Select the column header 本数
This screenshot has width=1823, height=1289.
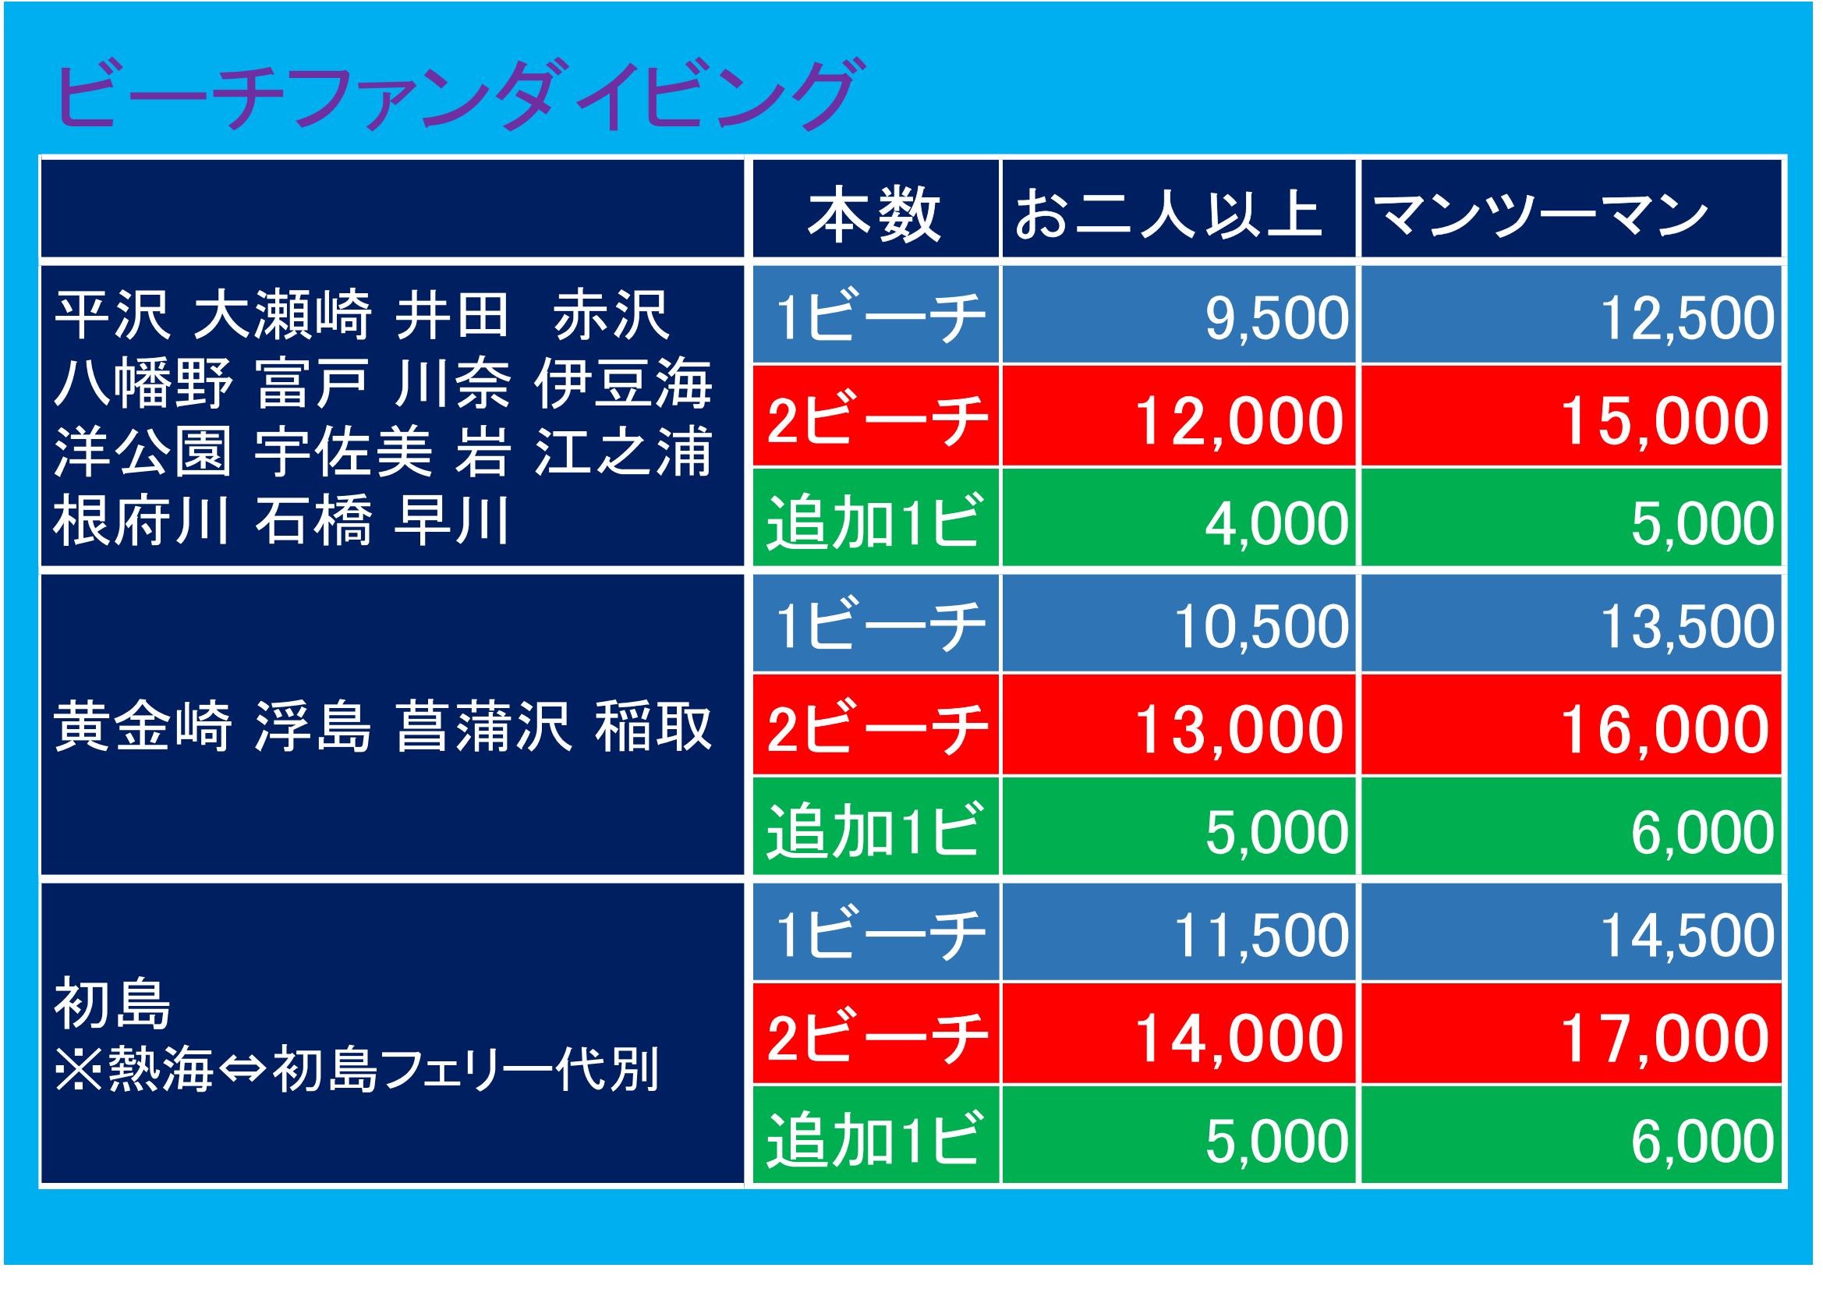click(x=874, y=214)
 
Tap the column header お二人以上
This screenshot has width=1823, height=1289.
click(x=1168, y=214)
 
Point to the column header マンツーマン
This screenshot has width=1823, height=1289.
click(x=1540, y=214)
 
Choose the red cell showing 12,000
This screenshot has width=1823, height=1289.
click(x=1178, y=416)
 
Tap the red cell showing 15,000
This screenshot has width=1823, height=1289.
click(x=1571, y=416)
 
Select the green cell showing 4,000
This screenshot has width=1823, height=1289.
click(x=1178, y=517)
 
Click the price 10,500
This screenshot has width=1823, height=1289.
click(x=1261, y=628)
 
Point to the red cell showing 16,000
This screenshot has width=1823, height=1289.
click(x=1571, y=724)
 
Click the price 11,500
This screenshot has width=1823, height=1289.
click(x=1261, y=937)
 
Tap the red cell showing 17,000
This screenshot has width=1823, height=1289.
click(x=1571, y=1033)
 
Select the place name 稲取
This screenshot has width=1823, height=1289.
click(x=653, y=726)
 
